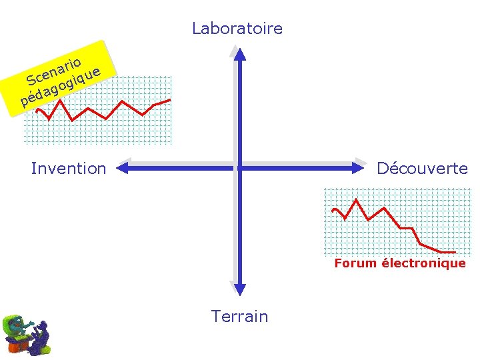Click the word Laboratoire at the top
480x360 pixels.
237,29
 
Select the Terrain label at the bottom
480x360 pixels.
239,316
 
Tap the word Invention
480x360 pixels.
69,169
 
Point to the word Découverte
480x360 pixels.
422,169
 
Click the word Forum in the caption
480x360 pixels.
355,263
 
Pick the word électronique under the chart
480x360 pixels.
424,263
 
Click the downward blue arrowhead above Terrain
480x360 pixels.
239,289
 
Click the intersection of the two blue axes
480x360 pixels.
239,169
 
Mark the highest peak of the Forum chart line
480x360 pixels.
357,199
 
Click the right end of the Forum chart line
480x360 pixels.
455,252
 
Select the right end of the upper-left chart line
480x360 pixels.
170,99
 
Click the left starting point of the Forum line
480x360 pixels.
333,211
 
